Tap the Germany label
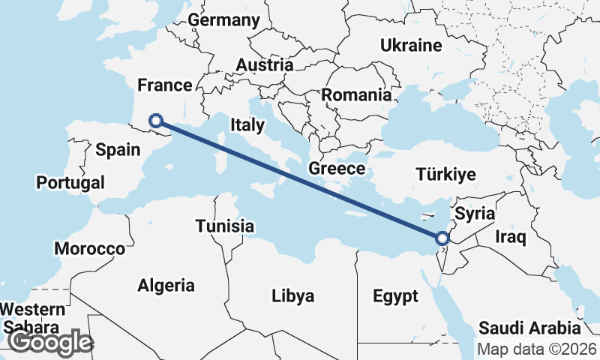tap(223, 20)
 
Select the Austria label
tap(263, 65)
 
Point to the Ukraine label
tap(410, 46)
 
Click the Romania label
tap(356, 95)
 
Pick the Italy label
tap(247, 125)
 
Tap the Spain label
tap(118, 149)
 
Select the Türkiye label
tap(445, 175)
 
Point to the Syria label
tap(475, 214)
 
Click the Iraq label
tap(511, 238)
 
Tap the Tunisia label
tap(224, 226)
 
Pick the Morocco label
tap(89, 248)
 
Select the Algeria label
tap(166, 285)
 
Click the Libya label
tap(292, 295)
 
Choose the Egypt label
tap(395, 296)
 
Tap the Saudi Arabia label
tap(530, 328)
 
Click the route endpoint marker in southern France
tap(156, 120)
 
